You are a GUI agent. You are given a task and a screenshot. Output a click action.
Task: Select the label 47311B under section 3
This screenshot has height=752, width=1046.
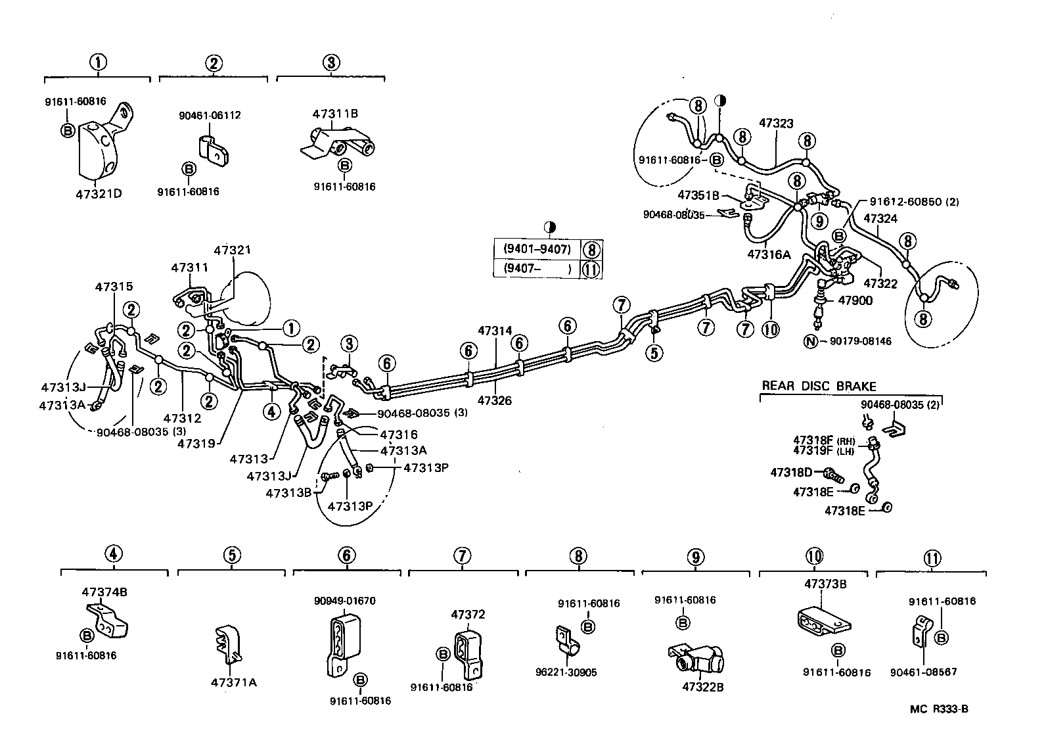pos(334,113)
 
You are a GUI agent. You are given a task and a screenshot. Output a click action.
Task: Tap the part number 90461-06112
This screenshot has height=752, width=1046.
pos(210,115)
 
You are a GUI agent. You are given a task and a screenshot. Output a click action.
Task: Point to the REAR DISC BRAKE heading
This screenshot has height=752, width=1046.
pos(819,387)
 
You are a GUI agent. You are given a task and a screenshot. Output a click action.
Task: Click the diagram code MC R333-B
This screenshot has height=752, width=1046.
pos(939,709)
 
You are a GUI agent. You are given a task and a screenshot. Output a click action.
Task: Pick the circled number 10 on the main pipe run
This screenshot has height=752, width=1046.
pos(771,328)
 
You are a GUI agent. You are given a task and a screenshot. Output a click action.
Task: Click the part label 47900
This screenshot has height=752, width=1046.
pos(855,300)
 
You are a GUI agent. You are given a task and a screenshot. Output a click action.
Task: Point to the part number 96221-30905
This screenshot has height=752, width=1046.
pos(566,672)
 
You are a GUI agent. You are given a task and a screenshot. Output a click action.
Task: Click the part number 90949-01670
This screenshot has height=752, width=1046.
pos(345,600)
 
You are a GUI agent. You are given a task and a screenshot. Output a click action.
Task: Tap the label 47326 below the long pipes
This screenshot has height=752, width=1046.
pos(495,400)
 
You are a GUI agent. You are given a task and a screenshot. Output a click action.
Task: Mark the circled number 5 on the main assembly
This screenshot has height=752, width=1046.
pos(654,353)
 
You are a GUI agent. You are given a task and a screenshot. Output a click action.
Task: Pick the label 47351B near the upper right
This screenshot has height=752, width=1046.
pos(699,195)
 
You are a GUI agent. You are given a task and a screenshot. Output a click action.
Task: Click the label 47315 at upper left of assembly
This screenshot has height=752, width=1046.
pos(114,287)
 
